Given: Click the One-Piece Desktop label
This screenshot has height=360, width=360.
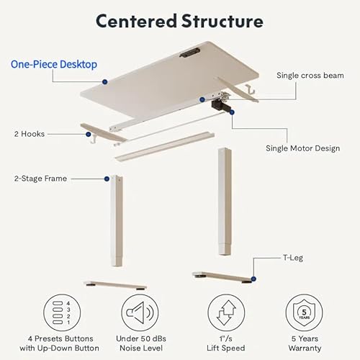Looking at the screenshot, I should [55, 64].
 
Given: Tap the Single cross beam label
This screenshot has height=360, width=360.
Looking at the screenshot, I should [310, 75].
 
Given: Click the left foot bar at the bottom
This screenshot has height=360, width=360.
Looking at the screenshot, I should [115, 284].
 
